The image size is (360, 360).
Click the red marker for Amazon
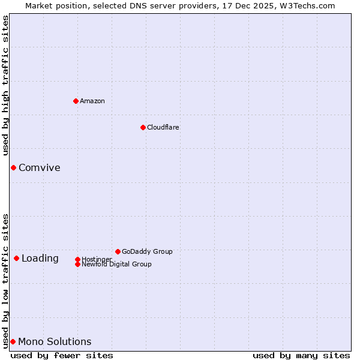point(76,101)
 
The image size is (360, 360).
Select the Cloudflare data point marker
point(143,127)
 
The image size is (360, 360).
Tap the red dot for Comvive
point(13,167)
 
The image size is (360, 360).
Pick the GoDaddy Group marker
point(118,251)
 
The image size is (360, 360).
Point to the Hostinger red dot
point(77,259)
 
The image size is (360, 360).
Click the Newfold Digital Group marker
point(77,264)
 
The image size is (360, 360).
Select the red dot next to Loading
point(16,258)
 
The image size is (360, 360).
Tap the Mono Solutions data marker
point(13,341)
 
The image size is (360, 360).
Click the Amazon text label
point(92,101)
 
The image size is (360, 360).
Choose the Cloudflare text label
point(163,127)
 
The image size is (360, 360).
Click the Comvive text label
point(39,167)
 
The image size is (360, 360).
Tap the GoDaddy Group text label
point(147,251)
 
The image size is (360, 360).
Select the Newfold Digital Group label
point(116,264)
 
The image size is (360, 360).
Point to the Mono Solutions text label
point(55,341)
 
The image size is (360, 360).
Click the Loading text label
point(40,258)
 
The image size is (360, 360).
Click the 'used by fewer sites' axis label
point(62,355)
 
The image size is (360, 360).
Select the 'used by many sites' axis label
point(301,355)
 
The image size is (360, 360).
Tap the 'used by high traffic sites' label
point(5,85)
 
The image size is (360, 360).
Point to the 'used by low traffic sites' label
point(5,280)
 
